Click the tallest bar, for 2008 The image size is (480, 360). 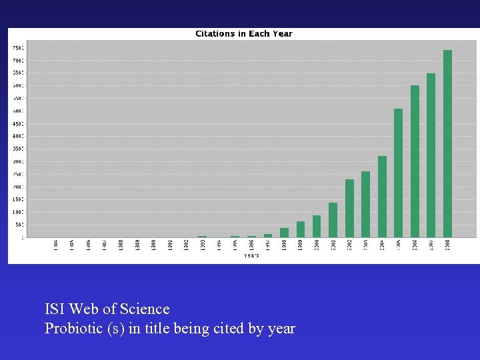point(447,143)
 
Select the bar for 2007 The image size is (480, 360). point(431,155)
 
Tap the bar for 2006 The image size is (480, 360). point(415,161)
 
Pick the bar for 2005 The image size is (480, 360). point(398,173)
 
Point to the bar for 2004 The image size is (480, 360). point(382,196)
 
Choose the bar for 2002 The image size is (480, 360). point(349,208)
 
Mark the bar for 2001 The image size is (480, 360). point(333,220)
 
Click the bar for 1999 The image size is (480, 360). point(300,229)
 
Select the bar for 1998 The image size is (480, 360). point(284,233)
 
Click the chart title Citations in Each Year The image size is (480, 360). point(243,33)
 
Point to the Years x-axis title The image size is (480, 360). point(251,255)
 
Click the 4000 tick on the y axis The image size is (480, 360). point(18,136)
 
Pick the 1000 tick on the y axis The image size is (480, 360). point(18,212)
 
